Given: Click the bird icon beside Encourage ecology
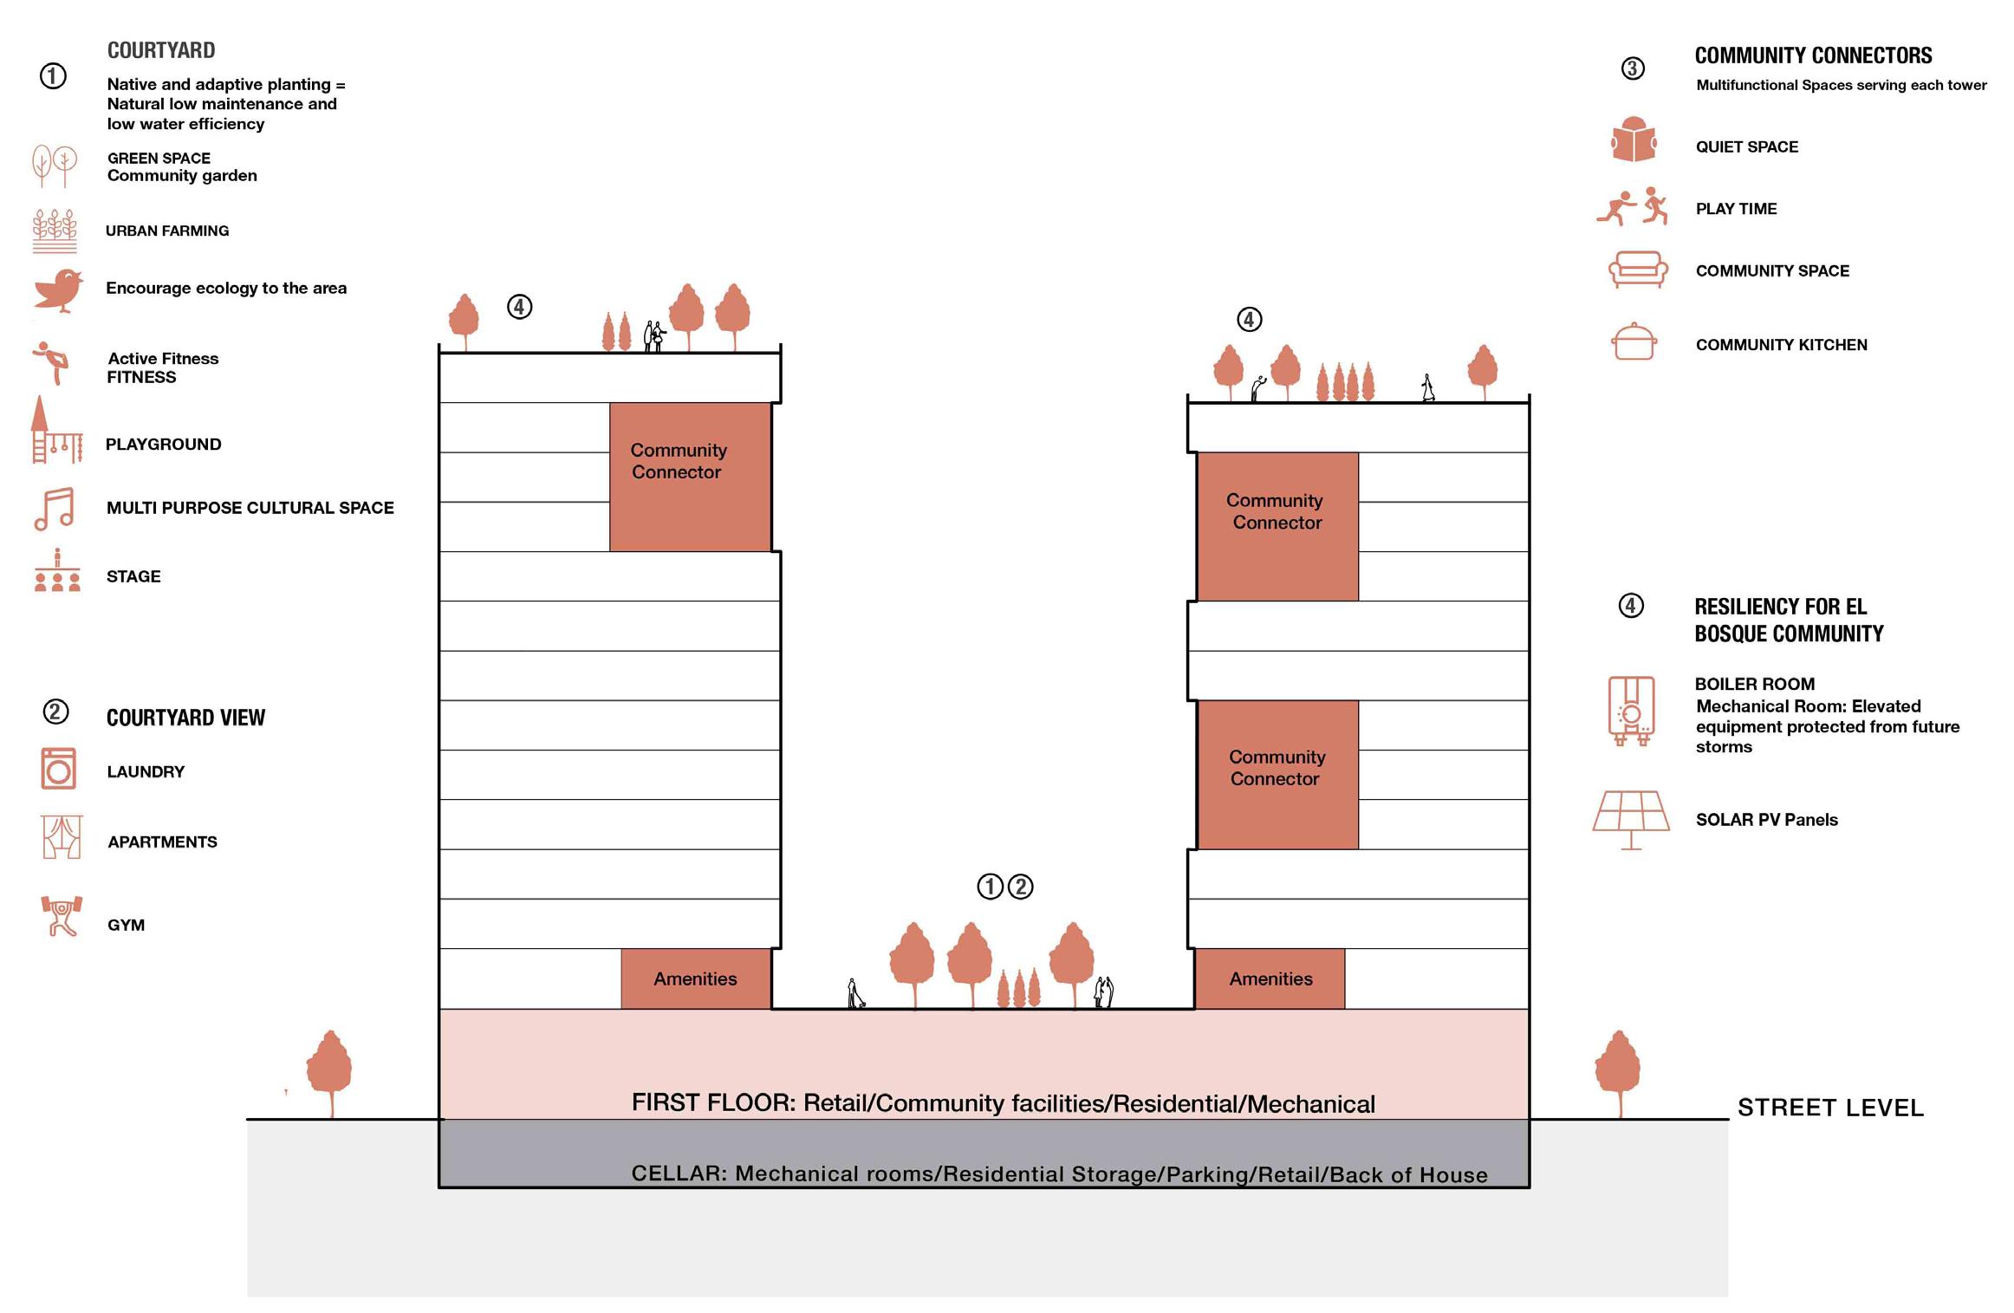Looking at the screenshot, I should tap(59, 289).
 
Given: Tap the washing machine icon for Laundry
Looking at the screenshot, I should tap(59, 770).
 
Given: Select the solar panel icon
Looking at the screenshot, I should tap(1631, 816).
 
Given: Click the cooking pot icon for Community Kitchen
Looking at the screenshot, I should tap(1634, 343).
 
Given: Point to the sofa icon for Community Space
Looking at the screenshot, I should tap(1637, 270).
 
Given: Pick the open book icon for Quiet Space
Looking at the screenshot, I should tap(1634, 140).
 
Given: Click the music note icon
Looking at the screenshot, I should tap(55, 509).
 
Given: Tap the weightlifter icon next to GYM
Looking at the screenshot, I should tap(61, 916).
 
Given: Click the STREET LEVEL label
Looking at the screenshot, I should tap(1830, 1108).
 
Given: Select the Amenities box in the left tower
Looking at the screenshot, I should tap(695, 978).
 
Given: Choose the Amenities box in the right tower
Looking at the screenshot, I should tap(1270, 978).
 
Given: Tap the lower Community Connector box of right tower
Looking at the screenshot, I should tap(1277, 774).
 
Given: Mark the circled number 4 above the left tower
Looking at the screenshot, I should tap(519, 307).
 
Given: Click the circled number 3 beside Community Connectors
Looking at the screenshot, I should tap(1633, 68).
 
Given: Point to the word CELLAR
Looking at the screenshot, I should tap(679, 1173).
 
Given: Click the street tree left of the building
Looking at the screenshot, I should tap(330, 1070).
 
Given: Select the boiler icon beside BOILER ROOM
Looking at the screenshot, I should tap(1631, 712).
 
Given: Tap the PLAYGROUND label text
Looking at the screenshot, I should tap(163, 445).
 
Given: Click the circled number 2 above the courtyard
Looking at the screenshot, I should tap(1021, 887).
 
